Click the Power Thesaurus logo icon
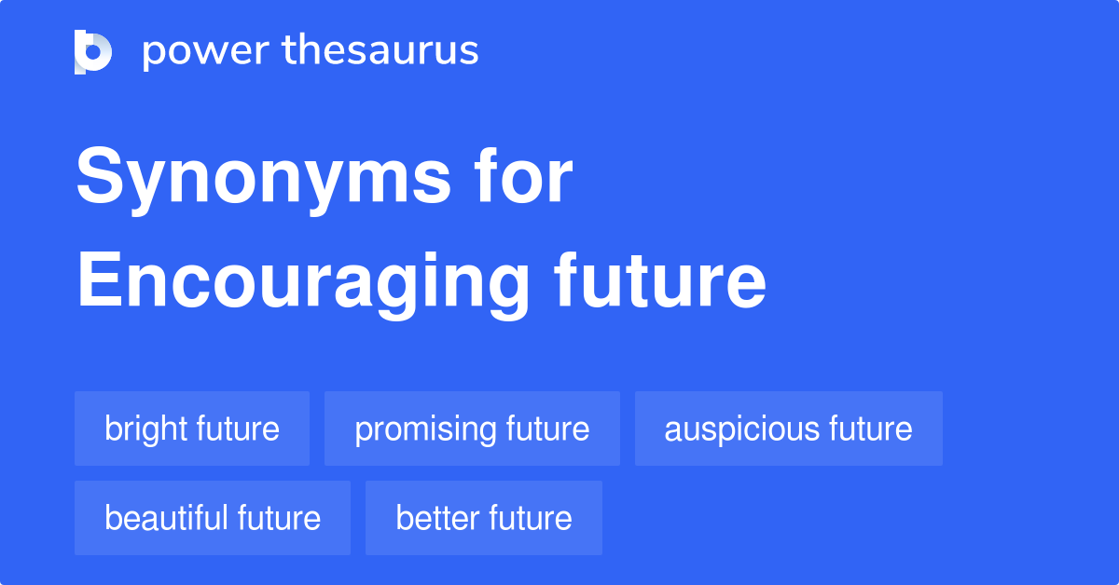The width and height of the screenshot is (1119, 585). coord(93,51)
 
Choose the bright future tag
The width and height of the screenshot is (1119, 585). coord(192,429)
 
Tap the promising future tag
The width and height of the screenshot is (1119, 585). coord(472,429)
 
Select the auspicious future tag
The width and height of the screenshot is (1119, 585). coord(789,429)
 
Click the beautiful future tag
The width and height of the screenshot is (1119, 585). coord(213,518)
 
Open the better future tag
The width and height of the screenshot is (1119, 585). coord(484,518)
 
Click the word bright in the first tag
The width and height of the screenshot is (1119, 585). coord(146,429)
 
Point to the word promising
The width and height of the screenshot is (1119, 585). coord(426,429)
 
